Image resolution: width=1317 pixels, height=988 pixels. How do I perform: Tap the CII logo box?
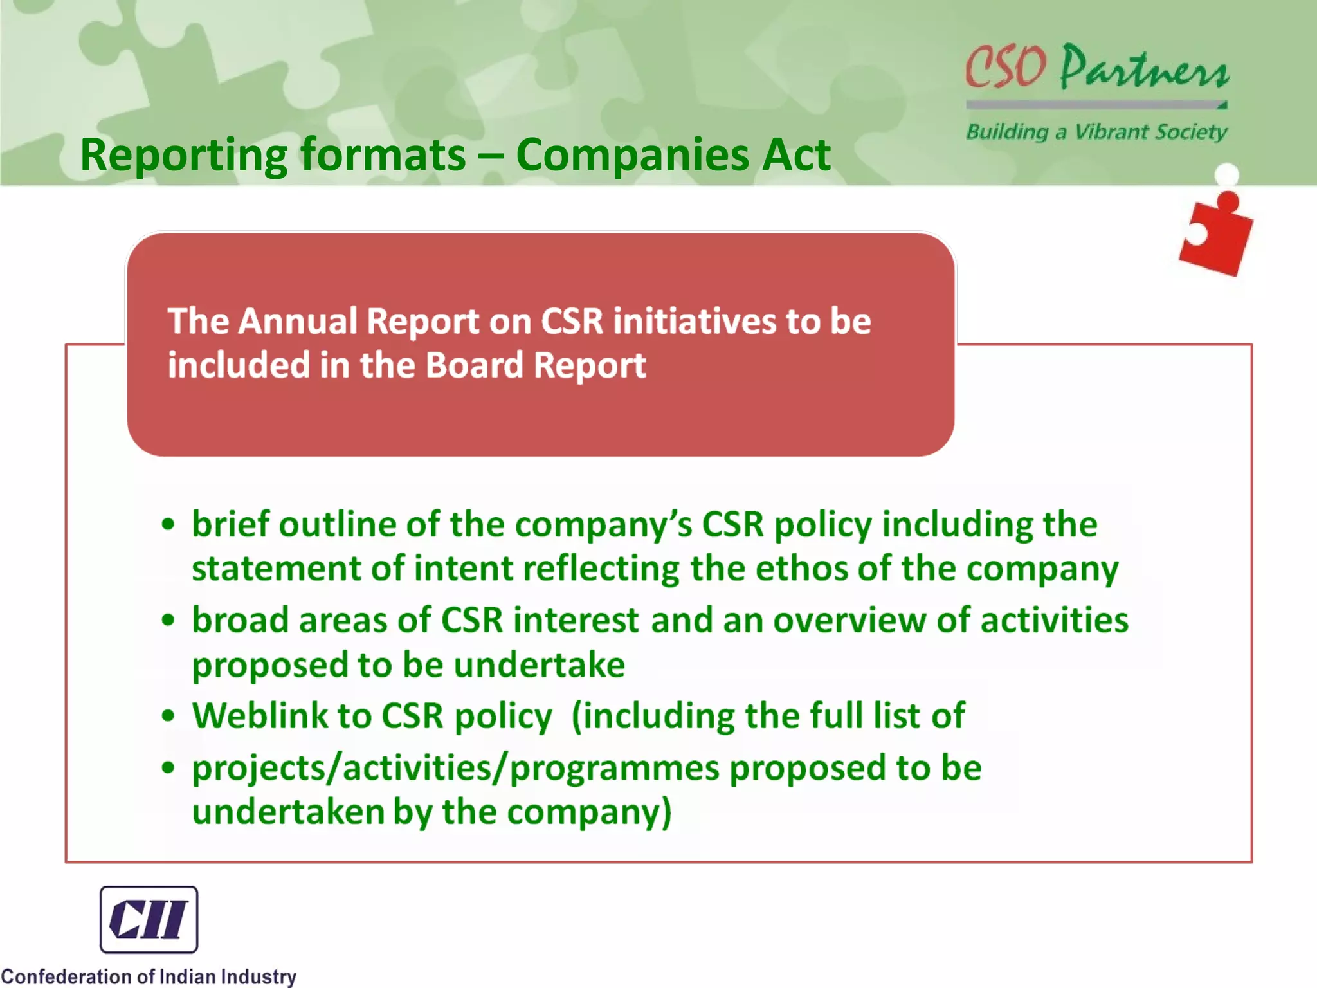click(149, 919)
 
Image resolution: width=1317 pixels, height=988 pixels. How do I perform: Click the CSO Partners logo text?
click(1096, 68)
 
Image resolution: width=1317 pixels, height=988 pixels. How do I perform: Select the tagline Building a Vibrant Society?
click(1096, 132)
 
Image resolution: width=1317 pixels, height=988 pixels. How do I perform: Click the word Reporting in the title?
click(183, 156)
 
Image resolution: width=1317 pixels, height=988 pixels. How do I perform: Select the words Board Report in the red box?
click(535, 365)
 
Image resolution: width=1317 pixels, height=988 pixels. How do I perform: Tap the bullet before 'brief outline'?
click(168, 524)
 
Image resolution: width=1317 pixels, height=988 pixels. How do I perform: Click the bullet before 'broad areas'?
click(168, 620)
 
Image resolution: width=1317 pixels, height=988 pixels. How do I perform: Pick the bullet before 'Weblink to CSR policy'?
click(168, 715)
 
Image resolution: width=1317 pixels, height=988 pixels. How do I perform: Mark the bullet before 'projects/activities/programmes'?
click(168, 767)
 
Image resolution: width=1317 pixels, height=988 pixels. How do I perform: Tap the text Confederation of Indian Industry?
click(149, 976)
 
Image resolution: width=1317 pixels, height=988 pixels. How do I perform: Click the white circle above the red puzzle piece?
click(1227, 174)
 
